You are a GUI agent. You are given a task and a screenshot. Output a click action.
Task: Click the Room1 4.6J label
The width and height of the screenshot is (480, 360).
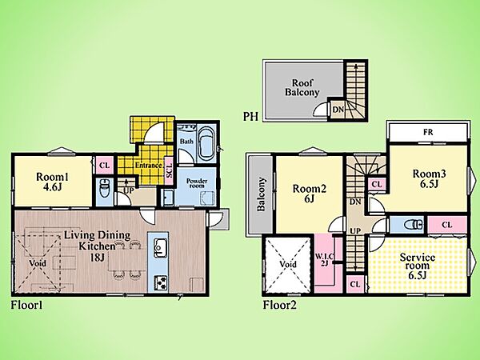tap(52, 182)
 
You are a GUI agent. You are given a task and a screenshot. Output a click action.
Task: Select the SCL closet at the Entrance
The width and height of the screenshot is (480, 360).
tap(169, 170)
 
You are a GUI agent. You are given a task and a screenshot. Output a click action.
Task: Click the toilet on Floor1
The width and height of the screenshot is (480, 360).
tap(104, 189)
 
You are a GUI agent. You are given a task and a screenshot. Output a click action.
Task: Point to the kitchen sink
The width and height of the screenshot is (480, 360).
tap(160, 247)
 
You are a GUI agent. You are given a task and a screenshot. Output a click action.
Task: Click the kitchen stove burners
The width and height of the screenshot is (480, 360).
tap(161, 282)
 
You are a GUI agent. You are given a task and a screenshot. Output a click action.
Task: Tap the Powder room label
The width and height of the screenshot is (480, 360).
tap(197, 183)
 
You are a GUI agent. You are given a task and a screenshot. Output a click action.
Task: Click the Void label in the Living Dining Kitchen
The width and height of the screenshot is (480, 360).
tap(38, 263)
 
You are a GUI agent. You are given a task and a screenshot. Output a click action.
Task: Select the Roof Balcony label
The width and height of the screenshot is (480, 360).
tap(302, 87)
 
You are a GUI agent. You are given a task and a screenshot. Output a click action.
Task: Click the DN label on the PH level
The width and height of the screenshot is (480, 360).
tap(338, 109)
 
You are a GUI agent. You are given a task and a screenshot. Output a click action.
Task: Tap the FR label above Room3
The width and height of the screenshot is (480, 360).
tap(428, 132)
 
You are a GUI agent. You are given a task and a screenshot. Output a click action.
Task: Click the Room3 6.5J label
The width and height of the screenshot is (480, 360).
tap(429, 178)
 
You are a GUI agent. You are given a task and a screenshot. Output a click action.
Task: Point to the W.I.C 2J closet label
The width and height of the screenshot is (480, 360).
tap(325, 259)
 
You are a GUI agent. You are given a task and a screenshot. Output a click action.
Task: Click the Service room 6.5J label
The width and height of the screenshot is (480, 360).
tap(418, 266)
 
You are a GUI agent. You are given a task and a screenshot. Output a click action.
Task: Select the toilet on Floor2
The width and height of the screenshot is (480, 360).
tap(411, 225)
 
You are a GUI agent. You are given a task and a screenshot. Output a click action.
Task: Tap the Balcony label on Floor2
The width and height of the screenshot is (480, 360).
tap(261, 194)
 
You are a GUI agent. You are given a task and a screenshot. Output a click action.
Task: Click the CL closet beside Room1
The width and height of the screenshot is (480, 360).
tap(104, 166)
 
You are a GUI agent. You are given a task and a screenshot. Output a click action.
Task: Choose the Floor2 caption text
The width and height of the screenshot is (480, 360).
tap(280, 306)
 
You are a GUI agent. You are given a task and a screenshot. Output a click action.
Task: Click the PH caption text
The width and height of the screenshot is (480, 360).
tap(250, 117)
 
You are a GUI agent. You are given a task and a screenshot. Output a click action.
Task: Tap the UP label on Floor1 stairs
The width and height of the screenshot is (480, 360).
tap(129, 190)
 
